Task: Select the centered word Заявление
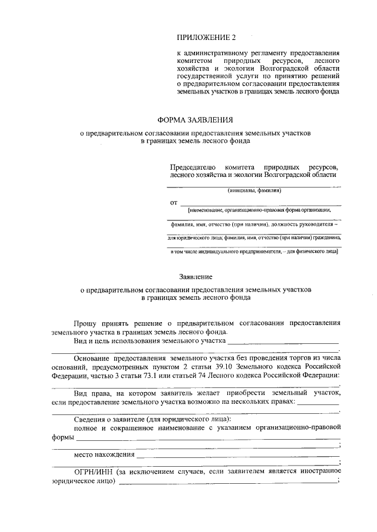click(x=196, y=276)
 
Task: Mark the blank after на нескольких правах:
click(x=318, y=403)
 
